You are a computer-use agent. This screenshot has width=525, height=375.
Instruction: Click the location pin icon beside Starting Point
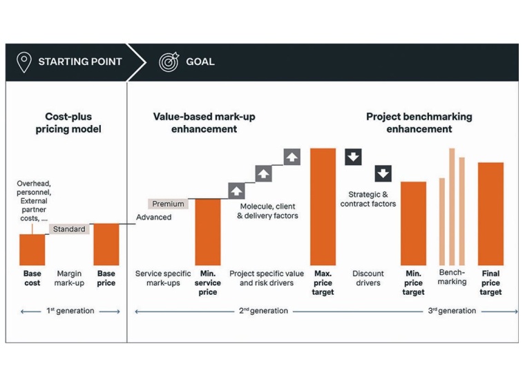point(24,61)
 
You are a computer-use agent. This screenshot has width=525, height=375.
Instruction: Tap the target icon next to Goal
point(169,61)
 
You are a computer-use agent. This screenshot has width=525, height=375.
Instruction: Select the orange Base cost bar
point(32,249)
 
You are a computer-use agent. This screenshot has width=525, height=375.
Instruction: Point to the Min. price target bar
point(413,222)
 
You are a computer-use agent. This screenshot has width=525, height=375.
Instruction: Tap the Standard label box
point(69,229)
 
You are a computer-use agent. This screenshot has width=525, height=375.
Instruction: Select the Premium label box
point(169,204)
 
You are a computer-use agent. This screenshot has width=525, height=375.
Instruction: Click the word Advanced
point(153,217)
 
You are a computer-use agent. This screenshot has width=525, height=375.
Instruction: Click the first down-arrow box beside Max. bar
point(353,157)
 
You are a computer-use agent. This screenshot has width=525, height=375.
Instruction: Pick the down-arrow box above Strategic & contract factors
point(383,173)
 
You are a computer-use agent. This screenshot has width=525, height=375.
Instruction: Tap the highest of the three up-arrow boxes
point(292,157)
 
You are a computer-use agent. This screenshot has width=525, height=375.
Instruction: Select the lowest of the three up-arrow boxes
point(236,191)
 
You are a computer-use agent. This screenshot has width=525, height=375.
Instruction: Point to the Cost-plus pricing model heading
point(68,123)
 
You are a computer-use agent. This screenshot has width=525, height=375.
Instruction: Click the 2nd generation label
point(265,311)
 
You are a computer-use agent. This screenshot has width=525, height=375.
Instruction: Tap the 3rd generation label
point(452,311)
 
